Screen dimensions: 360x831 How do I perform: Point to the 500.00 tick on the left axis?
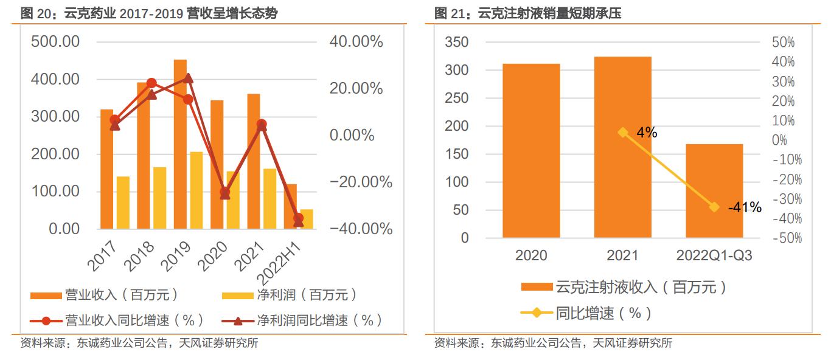[x=55, y=42]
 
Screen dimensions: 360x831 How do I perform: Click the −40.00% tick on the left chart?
[x=361, y=229]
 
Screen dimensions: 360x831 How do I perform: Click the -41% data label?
[x=745, y=207]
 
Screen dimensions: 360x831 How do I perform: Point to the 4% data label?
[x=647, y=132]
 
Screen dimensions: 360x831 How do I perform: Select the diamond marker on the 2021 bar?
[x=623, y=132]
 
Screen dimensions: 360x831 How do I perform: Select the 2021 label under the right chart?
[x=622, y=255]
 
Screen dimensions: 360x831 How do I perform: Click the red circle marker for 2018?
[x=151, y=83]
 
